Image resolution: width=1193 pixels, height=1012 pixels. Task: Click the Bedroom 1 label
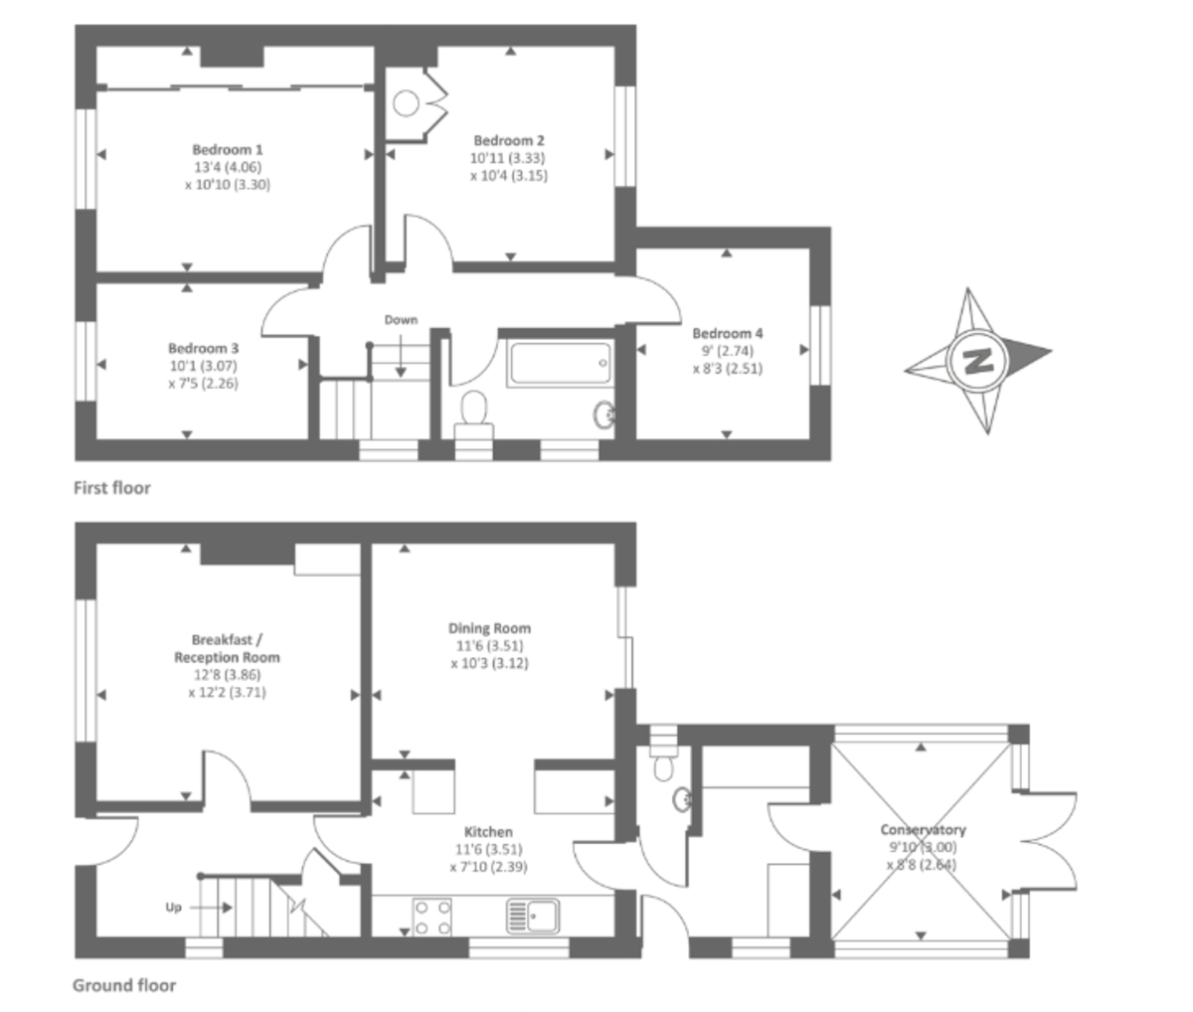pyautogui.click(x=228, y=150)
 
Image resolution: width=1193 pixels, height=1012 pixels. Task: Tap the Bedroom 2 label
pyautogui.click(x=509, y=141)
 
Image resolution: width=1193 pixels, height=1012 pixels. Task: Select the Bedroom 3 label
pyautogui.click(x=203, y=349)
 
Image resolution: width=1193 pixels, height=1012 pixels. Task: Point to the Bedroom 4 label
pyautogui.click(x=728, y=334)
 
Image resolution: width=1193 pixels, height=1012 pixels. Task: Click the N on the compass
pyautogui.click(x=979, y=360)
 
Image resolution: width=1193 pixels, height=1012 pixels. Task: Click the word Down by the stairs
pyautogui.click(x=401, y=320)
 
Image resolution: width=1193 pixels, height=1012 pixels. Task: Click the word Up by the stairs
pyautogui.click(x=173, y=908)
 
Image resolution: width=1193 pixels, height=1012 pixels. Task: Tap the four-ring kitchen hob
pyautogui.click(x=430, y=917)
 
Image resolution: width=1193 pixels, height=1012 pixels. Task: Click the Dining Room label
pyautogui.click(x=489, y=628)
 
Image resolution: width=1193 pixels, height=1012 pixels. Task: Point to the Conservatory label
pyautogui.click(x=923, y=830)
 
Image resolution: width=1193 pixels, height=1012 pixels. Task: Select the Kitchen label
pyautogui.click(x=489, y=832)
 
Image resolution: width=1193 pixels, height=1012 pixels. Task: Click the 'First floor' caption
pyautogui.click(x=112, y=488)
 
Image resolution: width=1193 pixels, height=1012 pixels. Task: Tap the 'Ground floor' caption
pyautogui.click(x=124, y=986)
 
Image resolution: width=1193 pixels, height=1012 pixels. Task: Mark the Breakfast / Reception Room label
pyautogui.click(x=227, y=648)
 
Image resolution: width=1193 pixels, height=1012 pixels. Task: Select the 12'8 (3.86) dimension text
pyautogui.click(x=227, y=675)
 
